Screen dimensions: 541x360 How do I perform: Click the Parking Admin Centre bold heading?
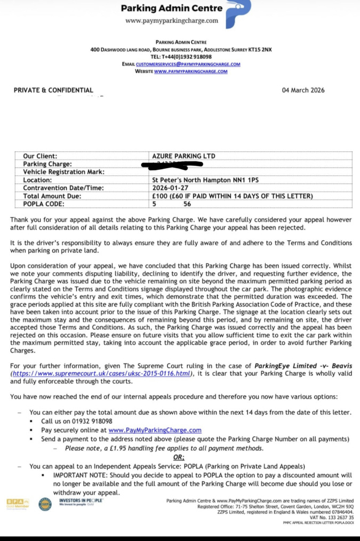(x=171, y=8)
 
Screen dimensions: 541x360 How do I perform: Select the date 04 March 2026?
(x=303, y=90)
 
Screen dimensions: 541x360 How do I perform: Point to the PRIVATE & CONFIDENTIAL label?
(x=53, y=90)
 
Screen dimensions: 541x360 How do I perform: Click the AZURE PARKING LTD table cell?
(x=183, y=156)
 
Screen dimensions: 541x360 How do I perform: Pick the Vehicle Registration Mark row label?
(x=64, y=172)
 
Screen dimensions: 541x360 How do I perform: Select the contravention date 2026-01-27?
(x=172, y=188)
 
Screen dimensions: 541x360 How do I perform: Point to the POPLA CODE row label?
(x=44, y=204)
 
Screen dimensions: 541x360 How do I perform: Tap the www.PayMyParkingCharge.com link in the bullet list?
(x=155, y=430)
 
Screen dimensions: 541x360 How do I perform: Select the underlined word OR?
(x=179, y=457)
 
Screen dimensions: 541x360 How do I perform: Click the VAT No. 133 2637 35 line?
(x=331, y=517)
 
